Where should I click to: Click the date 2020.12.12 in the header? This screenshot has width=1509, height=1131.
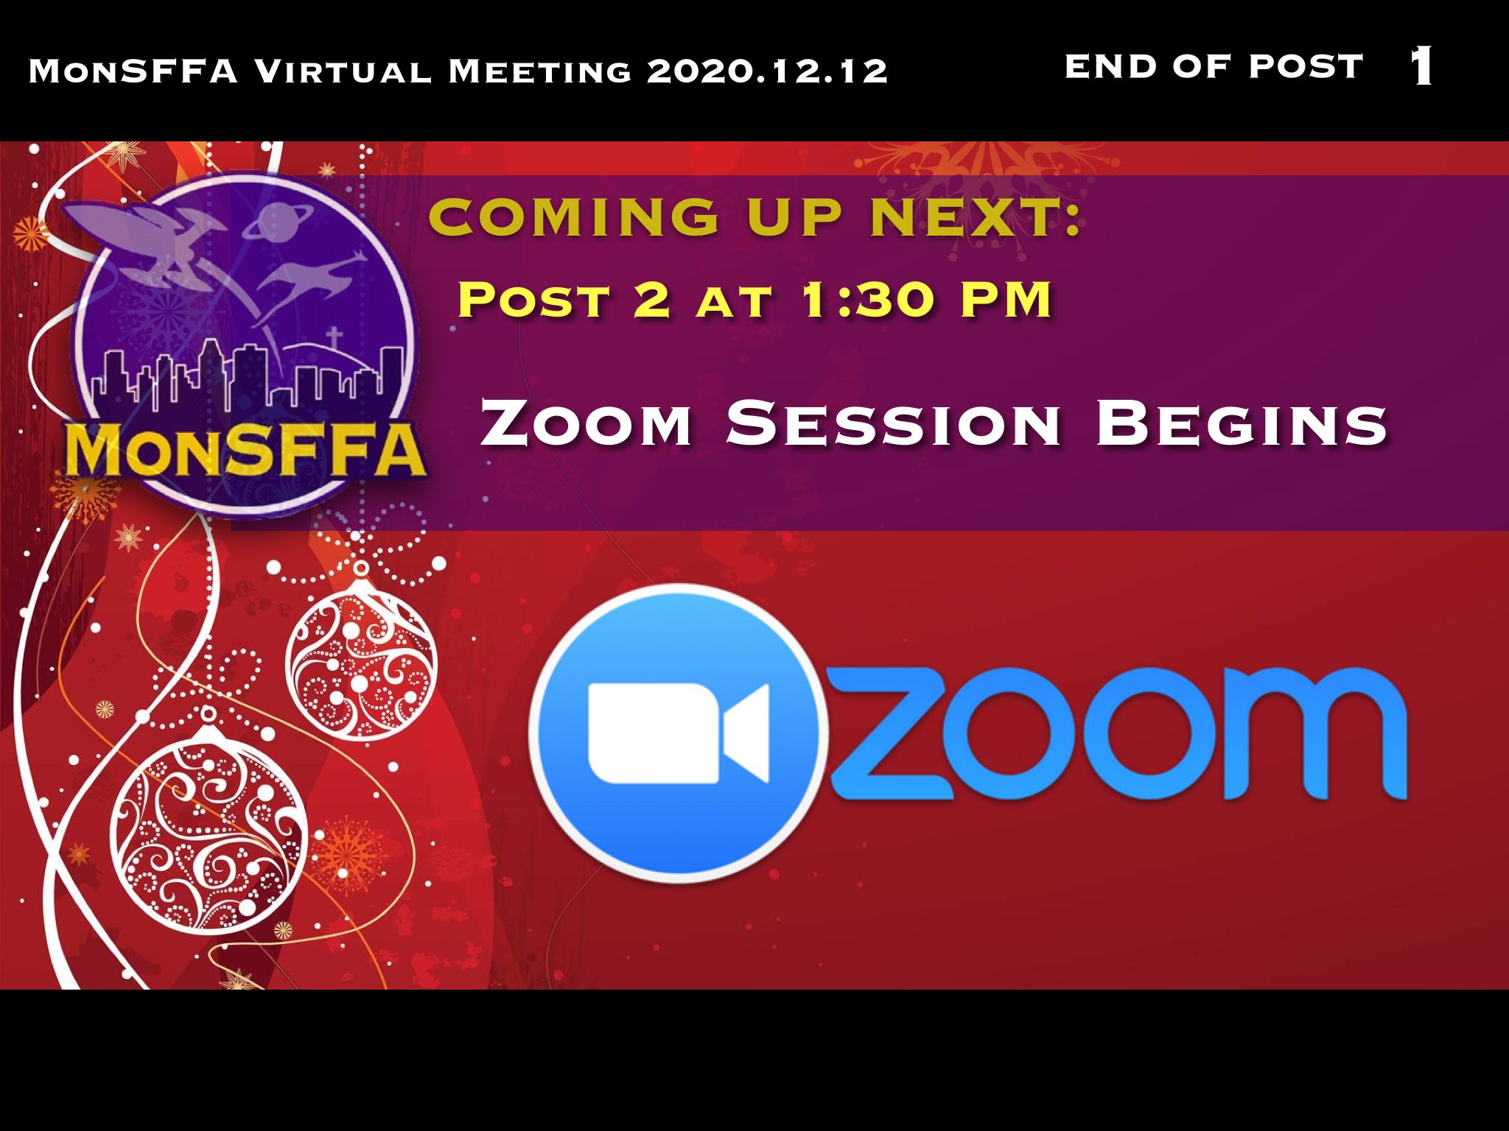pos(767,71)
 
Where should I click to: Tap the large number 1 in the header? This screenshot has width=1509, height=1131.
pos(1422,66)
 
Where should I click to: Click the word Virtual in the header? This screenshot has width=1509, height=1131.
pos(343,71)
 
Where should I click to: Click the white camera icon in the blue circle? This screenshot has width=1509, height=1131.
pos(679,733)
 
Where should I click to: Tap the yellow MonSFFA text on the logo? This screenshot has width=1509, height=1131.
pos(246,450)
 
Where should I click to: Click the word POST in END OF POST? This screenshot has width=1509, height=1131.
pos(1306,66)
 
